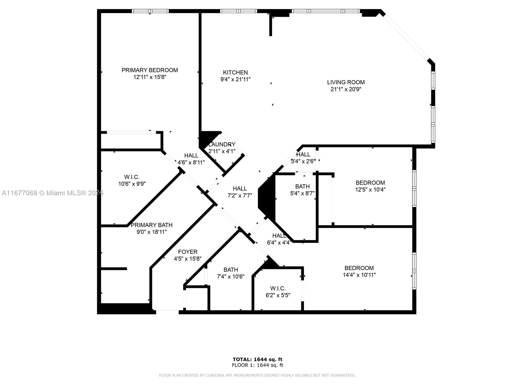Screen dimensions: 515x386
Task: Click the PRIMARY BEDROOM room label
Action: (149, 70)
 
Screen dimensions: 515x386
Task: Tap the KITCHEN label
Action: (235, 72)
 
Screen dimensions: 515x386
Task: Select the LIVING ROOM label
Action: (346, 82)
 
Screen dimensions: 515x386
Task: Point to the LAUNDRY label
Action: (222, 144)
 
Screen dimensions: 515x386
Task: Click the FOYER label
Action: (187, 252)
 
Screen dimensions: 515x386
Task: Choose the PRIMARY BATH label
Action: (152, 225)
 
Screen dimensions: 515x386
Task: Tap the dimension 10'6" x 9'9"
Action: (132, 184)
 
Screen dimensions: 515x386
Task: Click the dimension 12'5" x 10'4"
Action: (370, 189)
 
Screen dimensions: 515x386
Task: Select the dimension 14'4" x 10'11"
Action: (359, 275)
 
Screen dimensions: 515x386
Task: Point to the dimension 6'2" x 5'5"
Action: (278, 295)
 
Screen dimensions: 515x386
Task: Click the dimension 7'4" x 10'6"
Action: (231, 277)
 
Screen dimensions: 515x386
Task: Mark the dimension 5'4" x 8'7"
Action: (302, 193)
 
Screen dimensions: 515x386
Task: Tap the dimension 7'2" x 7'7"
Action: (239, 196)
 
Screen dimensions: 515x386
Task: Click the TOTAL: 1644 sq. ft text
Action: (257, 359)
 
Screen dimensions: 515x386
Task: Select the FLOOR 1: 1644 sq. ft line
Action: (257, 365)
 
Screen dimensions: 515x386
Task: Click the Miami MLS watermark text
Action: (52, 193)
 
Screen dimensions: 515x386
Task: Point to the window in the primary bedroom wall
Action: (150, 11)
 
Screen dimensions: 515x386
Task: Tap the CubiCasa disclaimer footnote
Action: (257, 375)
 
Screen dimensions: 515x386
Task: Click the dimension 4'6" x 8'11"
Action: (191, 162)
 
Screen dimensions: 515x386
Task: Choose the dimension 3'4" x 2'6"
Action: (303, 161)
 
